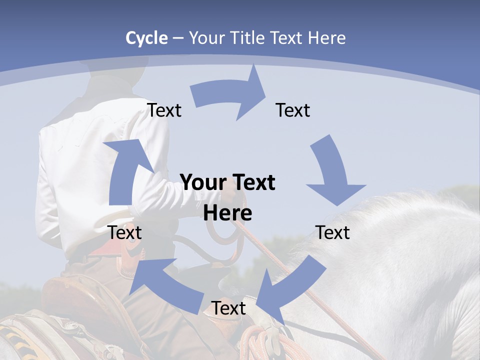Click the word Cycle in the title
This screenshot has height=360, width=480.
(146, 38)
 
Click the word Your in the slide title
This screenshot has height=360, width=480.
(206, 38)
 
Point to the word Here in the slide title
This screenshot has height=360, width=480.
(328, 38)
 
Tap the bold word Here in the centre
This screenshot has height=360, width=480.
(227, 213)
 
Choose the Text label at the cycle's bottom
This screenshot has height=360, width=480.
(228, 308)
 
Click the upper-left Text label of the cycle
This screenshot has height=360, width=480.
(164, 110)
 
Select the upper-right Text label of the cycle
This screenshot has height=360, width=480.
(293, 110)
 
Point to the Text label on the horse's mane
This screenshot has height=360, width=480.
(333, 232)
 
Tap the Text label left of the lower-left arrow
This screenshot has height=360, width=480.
(124, 232)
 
